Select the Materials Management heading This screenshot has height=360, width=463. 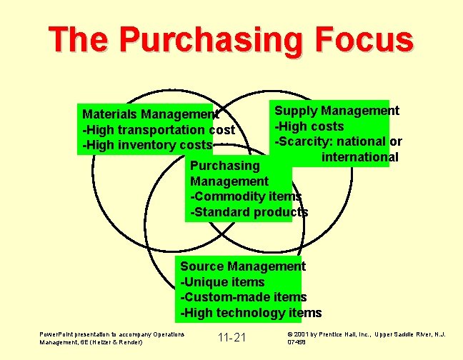[151, 114]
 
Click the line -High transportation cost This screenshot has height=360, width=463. [159, 129]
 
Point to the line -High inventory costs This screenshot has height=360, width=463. [147, 145]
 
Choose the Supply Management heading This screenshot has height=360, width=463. [337, 111]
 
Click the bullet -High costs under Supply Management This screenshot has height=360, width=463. [309, 126]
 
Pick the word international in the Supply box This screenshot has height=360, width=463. [359, 156]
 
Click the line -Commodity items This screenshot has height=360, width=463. [245, 196]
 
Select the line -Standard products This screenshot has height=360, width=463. [248, 212]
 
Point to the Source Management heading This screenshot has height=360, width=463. [243, 266]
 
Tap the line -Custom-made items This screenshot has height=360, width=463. [243, 297]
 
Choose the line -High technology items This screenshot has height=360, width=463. [250, 313]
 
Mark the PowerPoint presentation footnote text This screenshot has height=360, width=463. [112, 338]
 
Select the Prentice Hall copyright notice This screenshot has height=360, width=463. [367, 334]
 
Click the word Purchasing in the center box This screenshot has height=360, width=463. [224, 166]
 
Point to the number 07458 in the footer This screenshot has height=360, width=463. [297, 342]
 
